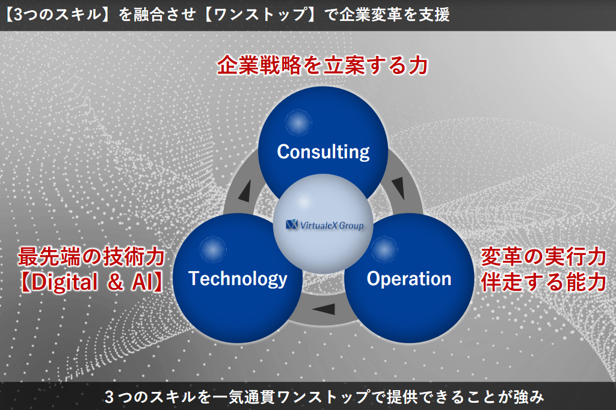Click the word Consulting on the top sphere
323,152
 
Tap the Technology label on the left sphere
238,279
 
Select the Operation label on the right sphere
409,279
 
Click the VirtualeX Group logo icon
292,225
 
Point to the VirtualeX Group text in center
332,225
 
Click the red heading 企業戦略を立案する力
322,65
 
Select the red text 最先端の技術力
91,257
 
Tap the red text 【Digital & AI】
91,282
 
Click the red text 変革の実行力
544,257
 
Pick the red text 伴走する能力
544,282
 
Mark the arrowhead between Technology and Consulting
245,191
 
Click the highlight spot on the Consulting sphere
298,123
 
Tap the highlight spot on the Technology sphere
212,249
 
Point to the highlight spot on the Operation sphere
384,249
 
